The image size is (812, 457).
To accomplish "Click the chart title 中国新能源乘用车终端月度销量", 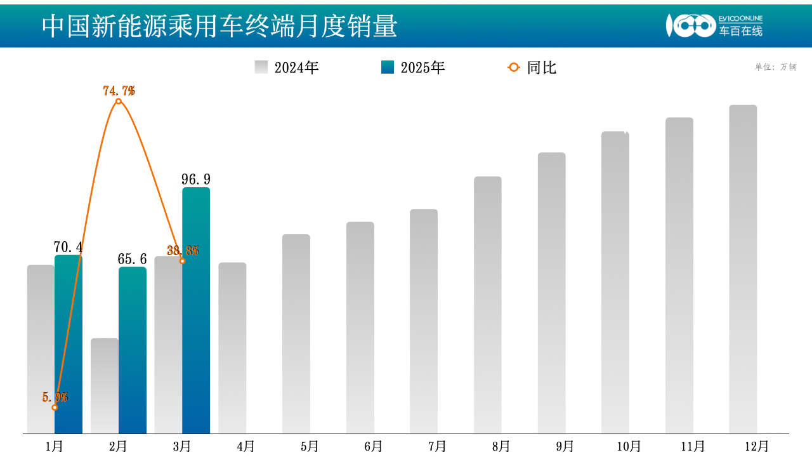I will pos(219,26).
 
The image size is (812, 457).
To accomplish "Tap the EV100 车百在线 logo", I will pos(714,25).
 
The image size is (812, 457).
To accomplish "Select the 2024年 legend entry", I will pos(287,67).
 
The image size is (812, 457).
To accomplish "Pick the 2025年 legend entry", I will pos(413,67).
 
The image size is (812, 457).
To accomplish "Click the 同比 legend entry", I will pos(533,67).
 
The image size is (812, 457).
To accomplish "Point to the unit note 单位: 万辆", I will pos(775,67).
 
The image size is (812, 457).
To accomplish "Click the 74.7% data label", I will pos(119,91).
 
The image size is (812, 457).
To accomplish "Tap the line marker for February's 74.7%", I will pos(119,101).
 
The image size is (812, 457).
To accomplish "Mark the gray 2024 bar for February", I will pos(105,386).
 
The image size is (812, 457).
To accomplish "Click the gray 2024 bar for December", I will pos(743,269).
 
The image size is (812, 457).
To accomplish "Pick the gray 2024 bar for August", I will pos(488,305).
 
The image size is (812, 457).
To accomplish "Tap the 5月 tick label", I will pos(310,446).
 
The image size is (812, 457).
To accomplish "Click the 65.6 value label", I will pos(132,259).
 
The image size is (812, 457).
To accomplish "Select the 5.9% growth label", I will pos(55,397).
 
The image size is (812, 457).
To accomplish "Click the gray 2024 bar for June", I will pos(360,328).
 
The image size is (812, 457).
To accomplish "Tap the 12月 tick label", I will pos(756,446).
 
